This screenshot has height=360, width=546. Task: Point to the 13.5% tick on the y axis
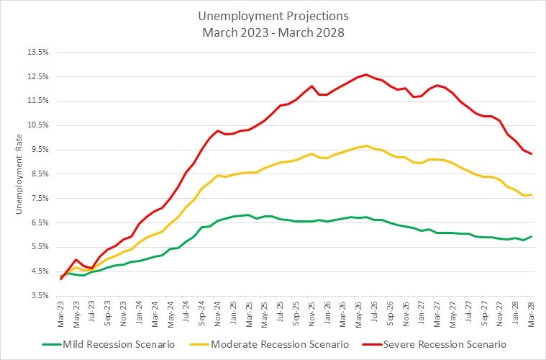coord(38,53)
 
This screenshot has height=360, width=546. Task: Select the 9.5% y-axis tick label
coord(38,150)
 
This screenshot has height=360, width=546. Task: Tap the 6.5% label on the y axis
coord(38,222)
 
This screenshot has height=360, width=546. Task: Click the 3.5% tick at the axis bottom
coord(38,295)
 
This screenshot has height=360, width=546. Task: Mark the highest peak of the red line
coord(366,74)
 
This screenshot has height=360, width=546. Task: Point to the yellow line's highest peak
coord(366,145)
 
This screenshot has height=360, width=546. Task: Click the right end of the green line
coord(532,236)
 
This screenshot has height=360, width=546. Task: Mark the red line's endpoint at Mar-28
coord(532,153)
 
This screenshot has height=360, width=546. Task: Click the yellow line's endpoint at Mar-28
coord(532,194)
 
